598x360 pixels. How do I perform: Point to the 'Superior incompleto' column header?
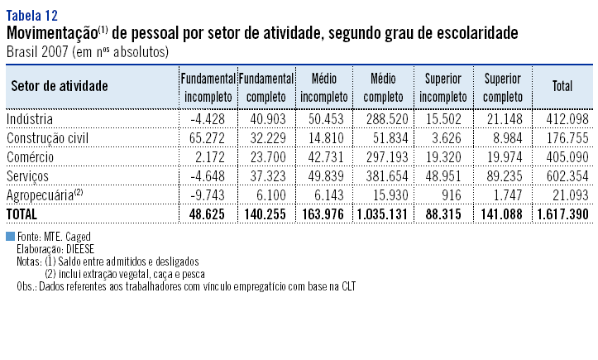pyautogui.click(x=443, y=86)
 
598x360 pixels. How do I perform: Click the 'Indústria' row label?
pyautogui.click(x=31, y=120)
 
